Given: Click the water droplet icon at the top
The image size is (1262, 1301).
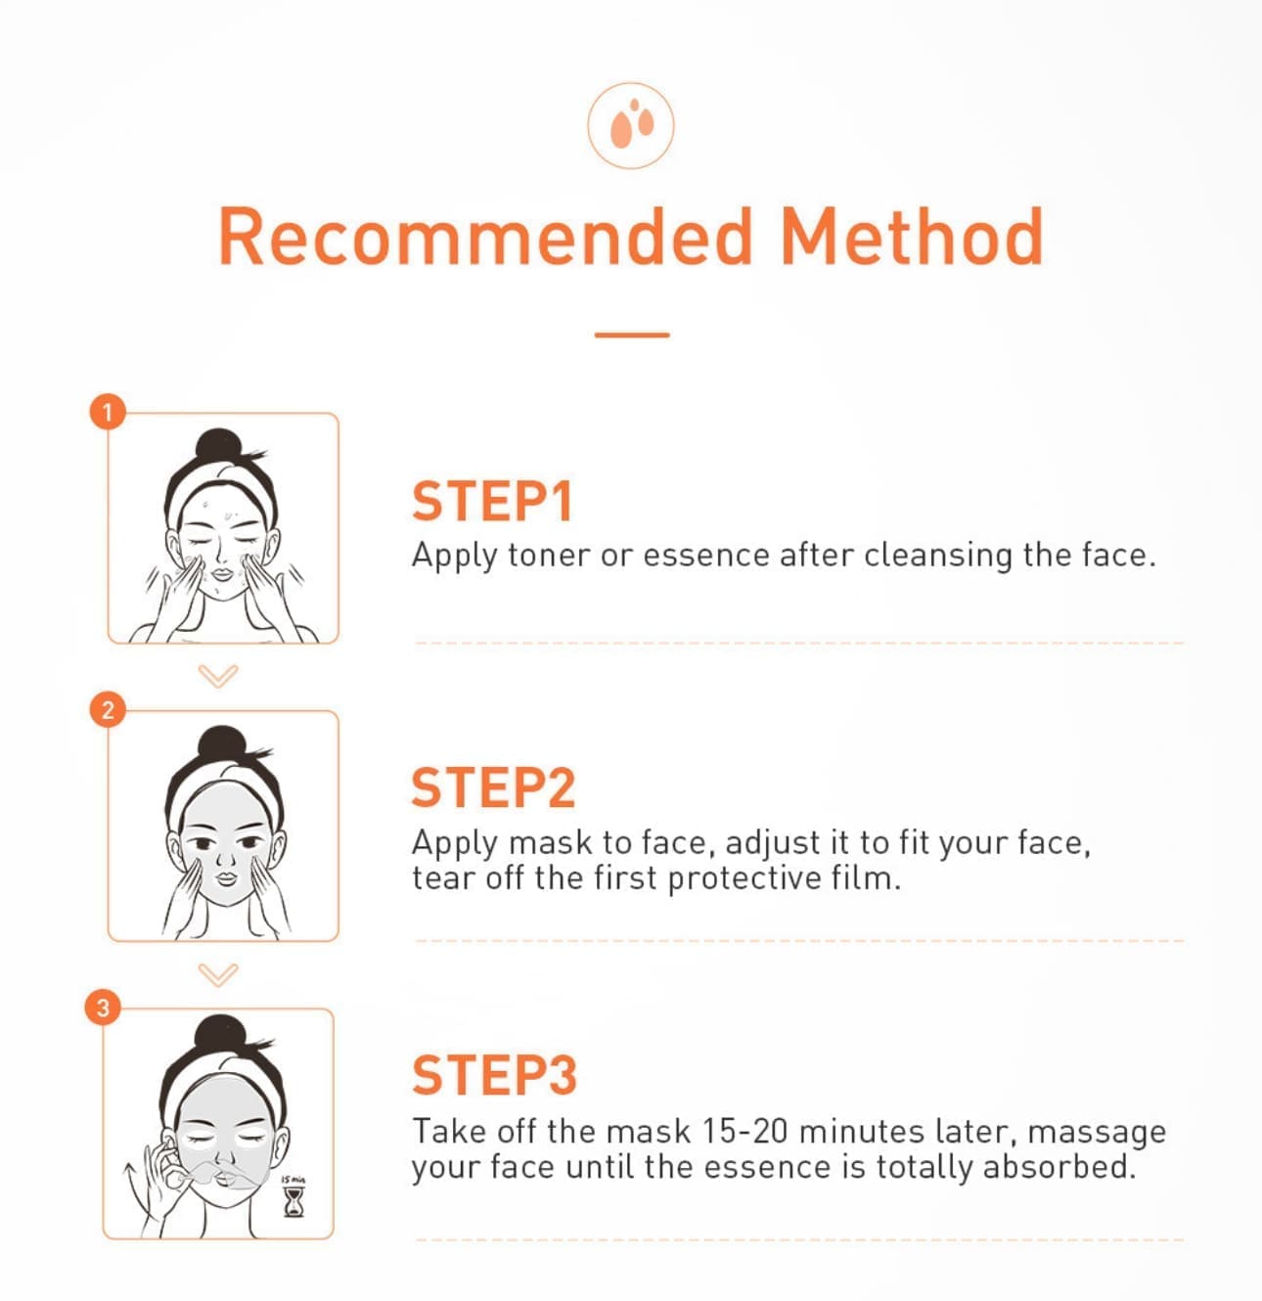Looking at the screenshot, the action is point(631,125).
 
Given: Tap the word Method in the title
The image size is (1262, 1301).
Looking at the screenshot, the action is point(912,237).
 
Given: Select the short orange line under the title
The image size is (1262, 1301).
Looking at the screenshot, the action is point(632,335).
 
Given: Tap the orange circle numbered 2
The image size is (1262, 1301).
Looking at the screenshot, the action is point(108,709).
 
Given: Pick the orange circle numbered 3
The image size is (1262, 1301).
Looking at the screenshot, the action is point(103,1007).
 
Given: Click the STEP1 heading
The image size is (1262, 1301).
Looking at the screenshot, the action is point(492,501).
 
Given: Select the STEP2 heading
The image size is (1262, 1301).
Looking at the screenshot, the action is point(494,787).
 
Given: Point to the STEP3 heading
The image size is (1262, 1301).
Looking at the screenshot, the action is point(494,1074).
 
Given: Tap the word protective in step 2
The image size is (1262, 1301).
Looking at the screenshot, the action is point(744,878).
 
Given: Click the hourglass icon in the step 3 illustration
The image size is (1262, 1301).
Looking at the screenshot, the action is point(293,1203).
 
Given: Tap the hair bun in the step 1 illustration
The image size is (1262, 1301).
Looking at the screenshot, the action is point(219,444).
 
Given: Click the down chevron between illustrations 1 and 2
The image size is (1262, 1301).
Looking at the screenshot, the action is point(218,676).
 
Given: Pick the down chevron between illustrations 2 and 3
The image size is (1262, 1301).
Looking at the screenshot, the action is point(218,974).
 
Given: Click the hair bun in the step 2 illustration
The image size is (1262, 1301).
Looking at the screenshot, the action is point(223,742).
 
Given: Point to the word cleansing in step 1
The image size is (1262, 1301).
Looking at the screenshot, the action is point(937,557).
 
